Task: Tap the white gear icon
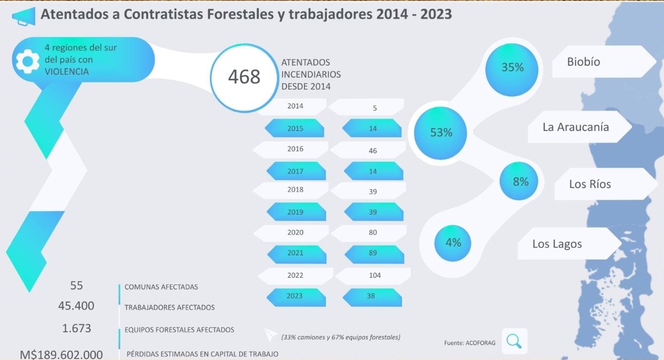tap(27, 62)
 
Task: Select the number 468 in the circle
tap(244, 77)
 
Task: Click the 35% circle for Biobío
tap(512, 68)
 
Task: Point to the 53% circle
tap(441, 133)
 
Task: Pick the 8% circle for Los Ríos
tap(520, 182)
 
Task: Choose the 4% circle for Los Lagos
tap(453, 243)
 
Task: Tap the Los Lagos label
tap(557, 244)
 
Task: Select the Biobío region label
tap(584, 62)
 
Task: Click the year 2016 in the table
tap(295, 149)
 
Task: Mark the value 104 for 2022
tap(375, 275)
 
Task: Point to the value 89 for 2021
tap(373, 253)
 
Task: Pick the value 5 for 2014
tap(375, 108)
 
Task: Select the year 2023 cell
tap(295, 296)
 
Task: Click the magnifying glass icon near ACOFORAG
tap(514, 341)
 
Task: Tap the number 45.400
tap(76, 306)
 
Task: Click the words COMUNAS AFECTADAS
tap(161, 287)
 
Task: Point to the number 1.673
tap(76, 328)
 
